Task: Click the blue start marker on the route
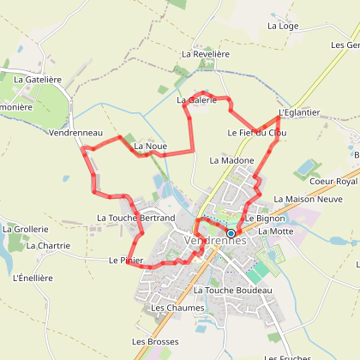(231, 232)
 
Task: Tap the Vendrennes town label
(215, 242)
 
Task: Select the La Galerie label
(194, 100)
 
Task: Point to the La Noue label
(150, 147)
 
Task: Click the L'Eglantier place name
(299, 112)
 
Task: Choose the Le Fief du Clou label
(257, 133)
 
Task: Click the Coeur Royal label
(333, 182)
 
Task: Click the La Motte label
(275, 231)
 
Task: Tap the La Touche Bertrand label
(136, 219)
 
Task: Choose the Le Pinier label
(125, 259)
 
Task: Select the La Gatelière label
(38, 79)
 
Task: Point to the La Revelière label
(206, 54)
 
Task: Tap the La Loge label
(283, 26)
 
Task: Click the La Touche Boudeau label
(232, 291)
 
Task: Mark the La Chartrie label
(48, 246)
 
